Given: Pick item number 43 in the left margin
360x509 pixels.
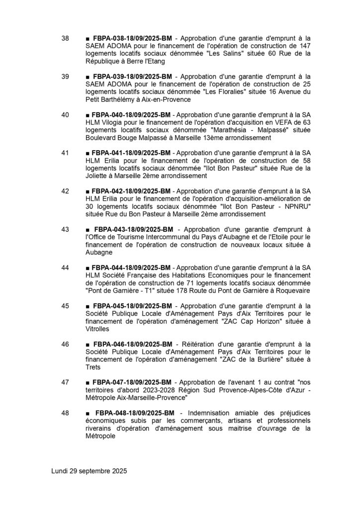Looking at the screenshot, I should [x=65, y=229].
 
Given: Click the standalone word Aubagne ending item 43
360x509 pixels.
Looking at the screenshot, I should [x=99, y=253].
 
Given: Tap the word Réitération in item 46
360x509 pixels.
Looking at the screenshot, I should [x=194, y=343].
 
